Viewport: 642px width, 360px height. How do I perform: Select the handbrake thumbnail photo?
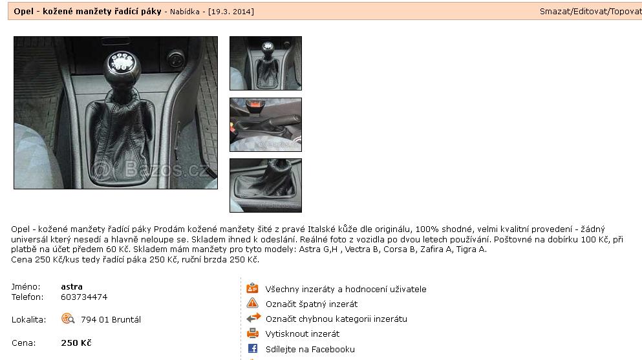[266, 125]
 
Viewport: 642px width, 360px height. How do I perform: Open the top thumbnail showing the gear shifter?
[266, 63]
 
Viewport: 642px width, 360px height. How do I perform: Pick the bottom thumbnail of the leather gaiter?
[266, 185]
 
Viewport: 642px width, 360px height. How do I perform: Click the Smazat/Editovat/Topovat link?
[590, 12]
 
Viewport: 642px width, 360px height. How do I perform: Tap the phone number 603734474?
[84, 297]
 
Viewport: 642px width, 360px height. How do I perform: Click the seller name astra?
[72, 287]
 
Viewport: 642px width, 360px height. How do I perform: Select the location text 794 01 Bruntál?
[111, 319]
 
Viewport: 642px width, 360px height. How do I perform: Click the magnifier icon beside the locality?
[67, 318]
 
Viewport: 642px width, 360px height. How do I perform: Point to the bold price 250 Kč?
[76, 343]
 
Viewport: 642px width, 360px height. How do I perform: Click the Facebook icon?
[253, 348]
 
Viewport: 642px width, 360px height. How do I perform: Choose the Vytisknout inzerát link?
[303, 334]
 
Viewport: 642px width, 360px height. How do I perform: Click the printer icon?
[253, 333]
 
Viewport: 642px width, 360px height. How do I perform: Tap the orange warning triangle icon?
[253, 303]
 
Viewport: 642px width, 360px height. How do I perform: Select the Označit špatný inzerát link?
[312, 304]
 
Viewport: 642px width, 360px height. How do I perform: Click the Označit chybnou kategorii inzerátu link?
[336, 319]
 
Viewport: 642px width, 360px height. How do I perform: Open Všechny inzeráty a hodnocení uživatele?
[346, 289]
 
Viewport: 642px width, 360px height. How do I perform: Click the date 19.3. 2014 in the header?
[231, 12]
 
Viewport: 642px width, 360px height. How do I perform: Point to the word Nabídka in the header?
[185, 12]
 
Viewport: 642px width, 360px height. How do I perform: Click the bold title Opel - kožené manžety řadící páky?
[88, 12]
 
